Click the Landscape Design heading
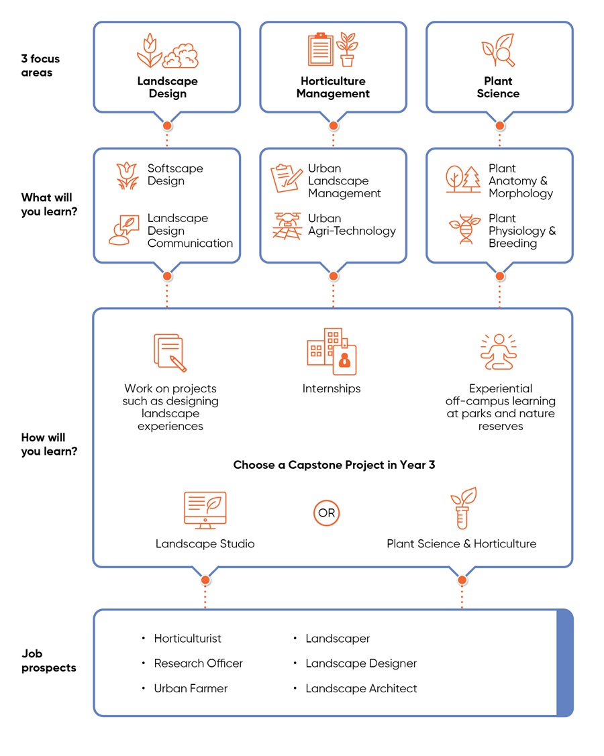pyautogui.click(x=167, y=87)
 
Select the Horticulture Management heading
pyautogui.click(x=333, y=87)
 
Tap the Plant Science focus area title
pyautogui.click(x=498, y=87)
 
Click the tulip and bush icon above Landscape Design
pyautogui.click(x=166, y=52)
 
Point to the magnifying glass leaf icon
pyautogui.click(x=498, y=51)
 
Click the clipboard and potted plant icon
pyautogui.click(x=332, y=50)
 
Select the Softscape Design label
pyautogui.click(x=175, y=174)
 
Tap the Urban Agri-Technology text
pyautogui.click(x=352, y=225)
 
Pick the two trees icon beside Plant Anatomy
pyautogui.click(x=464, y=179)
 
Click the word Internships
pyautogui.click(x=332, y=388)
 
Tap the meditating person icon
pyautogui.click(x=499, y=352)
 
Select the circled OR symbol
pyautogui.click(x=327, y=514)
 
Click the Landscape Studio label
pyautogui.click(x=205, y=543)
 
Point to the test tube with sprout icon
pyautogui.click(x=463, y=508)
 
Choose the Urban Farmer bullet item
pyautogui.click(x=191, y=688)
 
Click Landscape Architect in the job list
pyautogui.click(x=361, y=688)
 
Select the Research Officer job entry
pyautogui.click(x=198, y=663)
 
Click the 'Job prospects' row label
pyautogui.click(x=48, y=661)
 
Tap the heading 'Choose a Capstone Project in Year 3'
pyautogui.click(x=334, y=465)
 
